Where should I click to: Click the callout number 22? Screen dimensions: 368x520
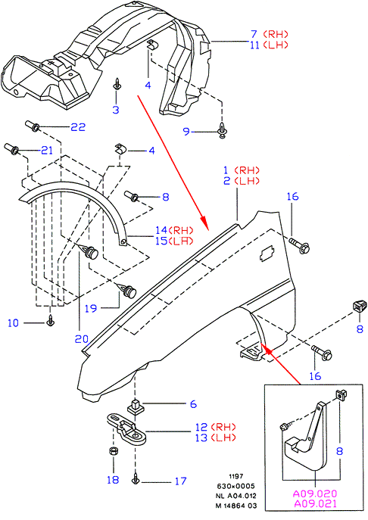click(78, 127)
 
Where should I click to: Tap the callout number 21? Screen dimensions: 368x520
click(47, 150)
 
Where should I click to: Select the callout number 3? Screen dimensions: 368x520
click(116, 110)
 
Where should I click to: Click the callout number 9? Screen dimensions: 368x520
click(186, 132)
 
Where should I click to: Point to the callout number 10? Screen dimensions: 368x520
click(14, 323)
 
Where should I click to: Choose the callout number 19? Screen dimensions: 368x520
click(91, 308)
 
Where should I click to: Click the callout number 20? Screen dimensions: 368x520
click(82, 339)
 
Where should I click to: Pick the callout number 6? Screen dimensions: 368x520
click(193, 404)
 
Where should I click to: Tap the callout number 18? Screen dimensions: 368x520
click(113, 480)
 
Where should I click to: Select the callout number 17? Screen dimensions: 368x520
click(180, 481)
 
